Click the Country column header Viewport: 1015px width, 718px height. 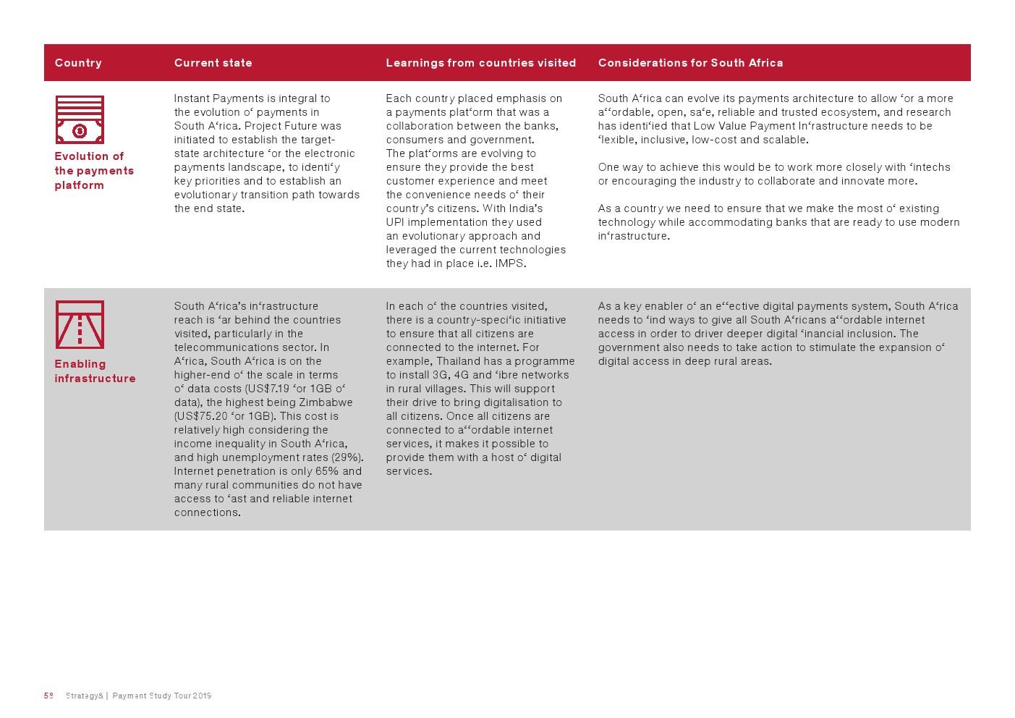point(78,63)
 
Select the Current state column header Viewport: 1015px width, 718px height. point(213,63)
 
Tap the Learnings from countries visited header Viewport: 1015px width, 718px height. point(480,63)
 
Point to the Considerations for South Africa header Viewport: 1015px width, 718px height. point(690,63)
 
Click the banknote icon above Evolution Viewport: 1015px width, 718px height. point(80,120)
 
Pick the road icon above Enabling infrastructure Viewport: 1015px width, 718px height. point(80,325)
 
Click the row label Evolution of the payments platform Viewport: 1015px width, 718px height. point(93,171)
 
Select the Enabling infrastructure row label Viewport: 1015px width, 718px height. point(95,371)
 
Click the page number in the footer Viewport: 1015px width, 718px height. point(48,696)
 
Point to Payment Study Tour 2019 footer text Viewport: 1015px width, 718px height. point(162,696)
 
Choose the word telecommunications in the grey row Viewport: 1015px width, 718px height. point(225,347)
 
